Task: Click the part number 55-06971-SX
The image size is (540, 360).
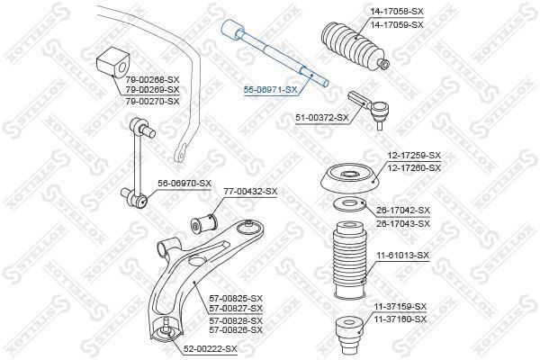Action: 270,90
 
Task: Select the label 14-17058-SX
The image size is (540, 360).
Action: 397,12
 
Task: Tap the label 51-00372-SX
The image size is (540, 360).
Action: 322,118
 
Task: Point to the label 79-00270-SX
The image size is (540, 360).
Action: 152,102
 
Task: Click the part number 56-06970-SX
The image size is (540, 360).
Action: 184,184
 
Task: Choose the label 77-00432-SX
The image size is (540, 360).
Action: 250,192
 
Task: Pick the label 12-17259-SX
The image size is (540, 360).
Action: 414,156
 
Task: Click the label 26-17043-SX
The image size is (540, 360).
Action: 403,223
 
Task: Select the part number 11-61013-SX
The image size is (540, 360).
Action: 402,256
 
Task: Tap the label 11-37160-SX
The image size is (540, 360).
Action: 400,319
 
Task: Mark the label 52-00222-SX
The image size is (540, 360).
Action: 210,349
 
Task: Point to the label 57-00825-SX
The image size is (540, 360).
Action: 236,298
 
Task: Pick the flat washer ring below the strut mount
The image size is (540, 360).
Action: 350,204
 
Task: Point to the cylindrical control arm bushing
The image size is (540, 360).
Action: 204,222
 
